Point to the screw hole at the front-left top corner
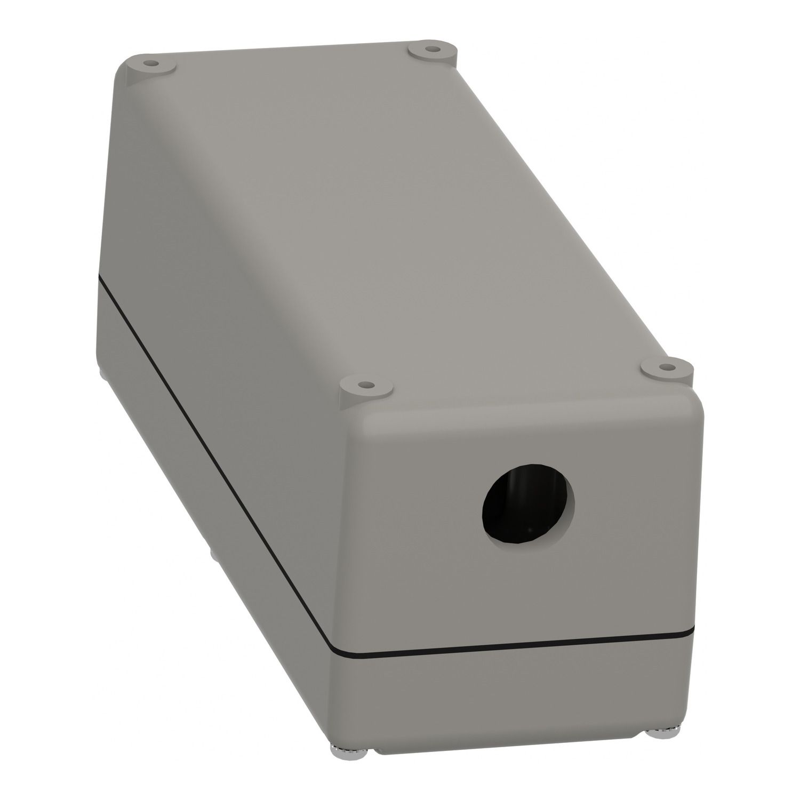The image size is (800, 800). (x=364, y=384)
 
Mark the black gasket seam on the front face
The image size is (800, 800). (x=512, y=644)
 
